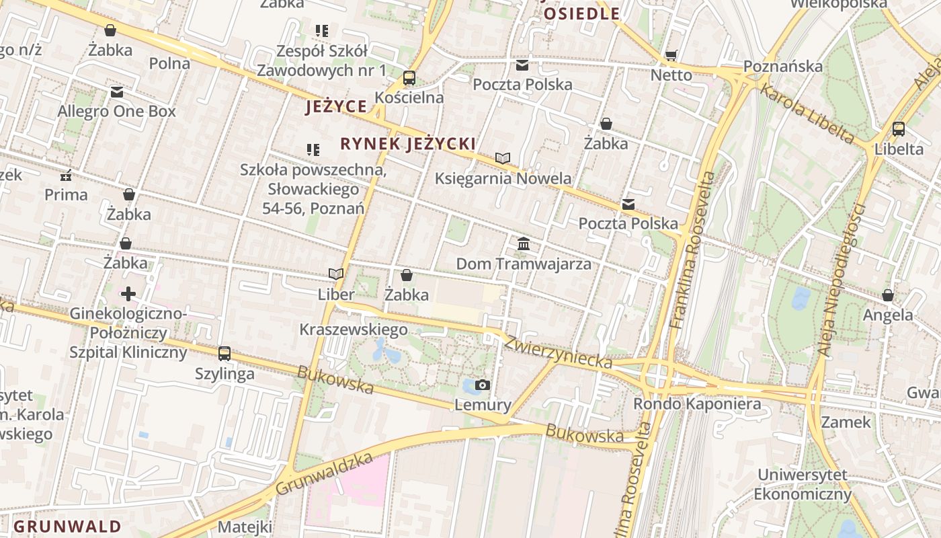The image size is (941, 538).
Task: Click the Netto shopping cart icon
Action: coord(671,55)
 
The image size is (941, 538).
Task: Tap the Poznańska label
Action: coord(782,67)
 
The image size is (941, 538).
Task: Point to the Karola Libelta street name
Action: coord(807,112)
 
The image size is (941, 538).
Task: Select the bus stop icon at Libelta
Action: coord(899,129)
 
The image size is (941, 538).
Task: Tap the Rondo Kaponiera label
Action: coord(698,403)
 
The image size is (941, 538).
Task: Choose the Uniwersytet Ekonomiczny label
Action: coord(803,484)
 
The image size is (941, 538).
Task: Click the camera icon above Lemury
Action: coord(483,385)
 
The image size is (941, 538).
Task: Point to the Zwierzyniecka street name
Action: coord(559,352)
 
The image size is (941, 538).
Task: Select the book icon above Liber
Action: coord(336,274)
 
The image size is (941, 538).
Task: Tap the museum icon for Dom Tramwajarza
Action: coord(524,243)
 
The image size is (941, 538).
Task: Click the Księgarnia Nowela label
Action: coord(503,178)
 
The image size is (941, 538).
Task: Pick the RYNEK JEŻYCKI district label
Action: coord(408,143)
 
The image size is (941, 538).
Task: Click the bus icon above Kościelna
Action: coord(409,78)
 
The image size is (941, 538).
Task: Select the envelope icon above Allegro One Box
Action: coord(117,92)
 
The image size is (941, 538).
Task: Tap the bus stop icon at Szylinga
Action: coord(224,353)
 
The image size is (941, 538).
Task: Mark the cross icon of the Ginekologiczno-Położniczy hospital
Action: coord(128,294)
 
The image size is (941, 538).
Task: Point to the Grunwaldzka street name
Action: coord(324,475)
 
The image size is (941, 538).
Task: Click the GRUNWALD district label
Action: coord(68,526)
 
